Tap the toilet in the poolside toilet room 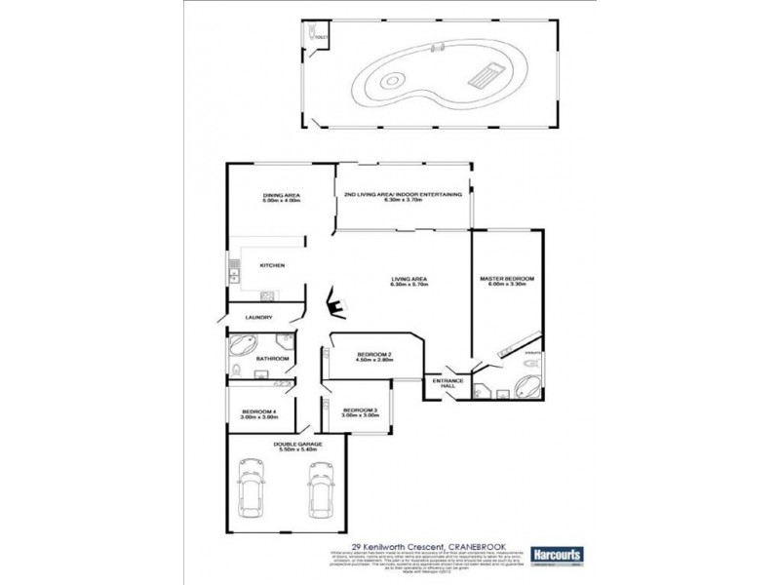312,36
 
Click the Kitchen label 272,265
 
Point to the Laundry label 258,318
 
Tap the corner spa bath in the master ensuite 529,384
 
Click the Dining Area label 281,196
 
